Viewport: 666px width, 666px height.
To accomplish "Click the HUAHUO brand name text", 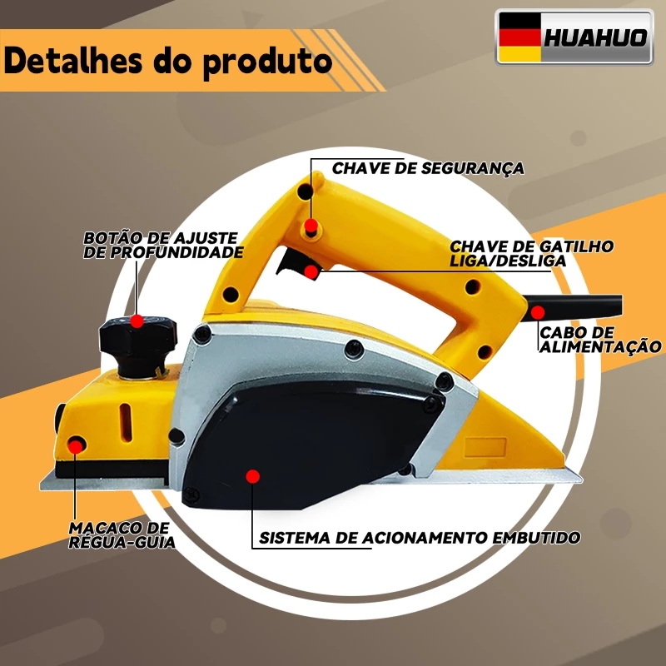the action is (x=595, y=37).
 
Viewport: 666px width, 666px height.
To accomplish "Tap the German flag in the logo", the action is (x=519, y=37).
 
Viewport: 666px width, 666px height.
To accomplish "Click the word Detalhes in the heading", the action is (x=73, y=60).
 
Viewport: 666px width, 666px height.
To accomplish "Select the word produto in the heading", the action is (x=267, y=63).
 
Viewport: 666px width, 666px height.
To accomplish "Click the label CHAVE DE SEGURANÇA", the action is (x=428, y=169).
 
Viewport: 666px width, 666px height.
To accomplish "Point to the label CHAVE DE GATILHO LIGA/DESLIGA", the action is (x=531, y=254).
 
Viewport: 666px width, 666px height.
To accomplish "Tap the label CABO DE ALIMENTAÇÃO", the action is (x=600, y=340).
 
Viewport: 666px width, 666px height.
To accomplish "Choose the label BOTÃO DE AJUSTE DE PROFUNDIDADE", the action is (x=163, y=245).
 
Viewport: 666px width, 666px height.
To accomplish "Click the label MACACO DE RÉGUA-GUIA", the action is (x=122, y=535).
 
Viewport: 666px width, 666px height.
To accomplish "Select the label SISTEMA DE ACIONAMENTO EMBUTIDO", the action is (x=420, y=538).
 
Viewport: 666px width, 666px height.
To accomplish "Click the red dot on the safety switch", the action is (x=311, y=225).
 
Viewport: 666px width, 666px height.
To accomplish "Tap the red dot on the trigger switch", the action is (x=311, y=271).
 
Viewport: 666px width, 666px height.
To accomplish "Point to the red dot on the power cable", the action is (x=538, y=313).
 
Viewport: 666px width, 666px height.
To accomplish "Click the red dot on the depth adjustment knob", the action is (x=137, y=321).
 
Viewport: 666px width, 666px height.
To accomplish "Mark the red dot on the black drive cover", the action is (x=253, y=476).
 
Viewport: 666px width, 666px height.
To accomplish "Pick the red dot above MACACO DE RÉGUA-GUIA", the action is (x=76, y=447).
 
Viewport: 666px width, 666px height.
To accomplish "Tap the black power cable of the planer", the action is (x=574, y=307).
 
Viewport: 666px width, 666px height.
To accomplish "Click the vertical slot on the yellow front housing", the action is (x=125, y=422).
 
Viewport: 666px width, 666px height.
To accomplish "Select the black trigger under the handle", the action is (x=293, y=262).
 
